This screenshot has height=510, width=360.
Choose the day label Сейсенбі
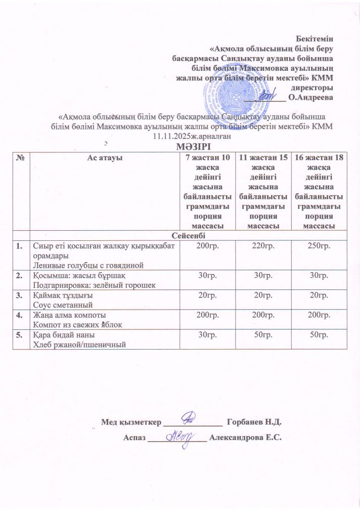pos(188,236)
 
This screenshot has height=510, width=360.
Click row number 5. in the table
pos(20,335)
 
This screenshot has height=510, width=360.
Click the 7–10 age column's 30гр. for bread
pos(208,335)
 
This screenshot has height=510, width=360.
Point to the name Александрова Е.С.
pos(245,438)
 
